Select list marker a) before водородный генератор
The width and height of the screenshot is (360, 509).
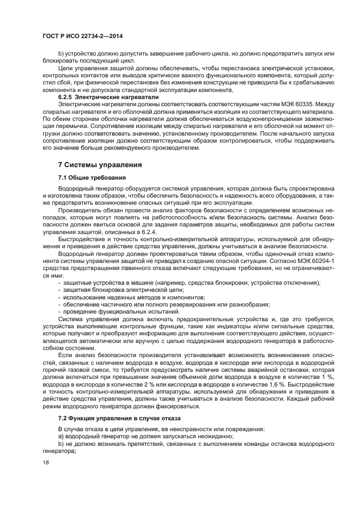[x=61, y=437]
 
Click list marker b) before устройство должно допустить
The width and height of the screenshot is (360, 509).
[x=61, y=54]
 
